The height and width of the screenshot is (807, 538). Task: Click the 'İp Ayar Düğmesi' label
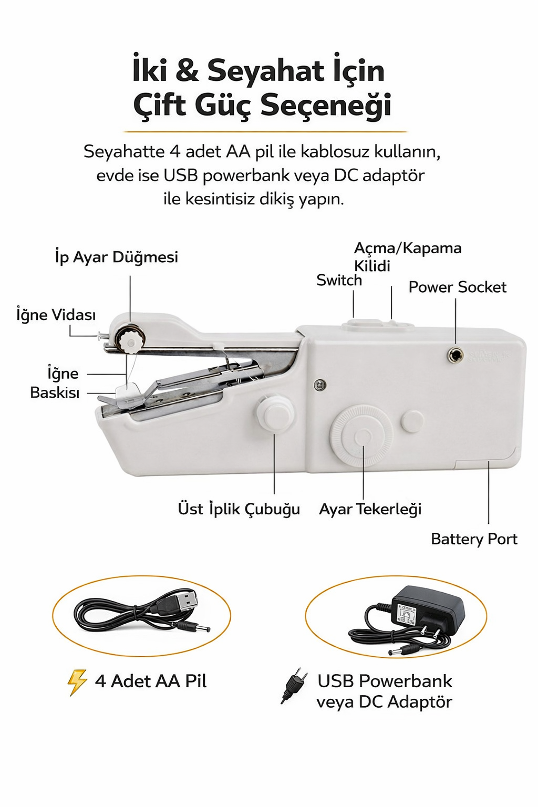tap(117, 257)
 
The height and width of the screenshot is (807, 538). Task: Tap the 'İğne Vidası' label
tap(56, 315)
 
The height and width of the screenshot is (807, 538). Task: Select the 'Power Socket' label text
tap(457, 287)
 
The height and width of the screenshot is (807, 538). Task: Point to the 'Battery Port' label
tap(474, 540)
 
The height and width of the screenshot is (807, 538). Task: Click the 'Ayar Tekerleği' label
tap(370, 510)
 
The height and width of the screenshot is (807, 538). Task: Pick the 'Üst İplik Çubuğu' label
tap(239, 510)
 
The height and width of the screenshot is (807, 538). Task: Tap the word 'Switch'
tap(339, 280)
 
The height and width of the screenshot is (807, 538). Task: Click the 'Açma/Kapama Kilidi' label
tap(408, 257)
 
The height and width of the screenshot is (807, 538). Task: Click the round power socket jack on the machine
tap(455, 356)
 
